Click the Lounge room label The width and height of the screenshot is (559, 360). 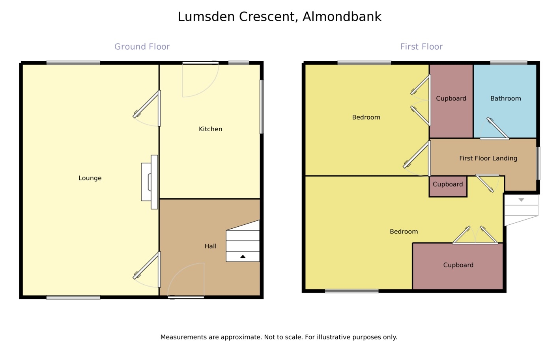(90, 178)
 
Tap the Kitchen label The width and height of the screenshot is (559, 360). (210, 129)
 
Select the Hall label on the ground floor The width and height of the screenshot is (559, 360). (210, 246)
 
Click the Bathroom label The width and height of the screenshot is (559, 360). (505, 99)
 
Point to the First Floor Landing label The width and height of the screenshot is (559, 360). (488, 159)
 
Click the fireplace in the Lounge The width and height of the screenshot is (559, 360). (150, 182)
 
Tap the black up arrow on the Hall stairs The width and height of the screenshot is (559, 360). (243, 257)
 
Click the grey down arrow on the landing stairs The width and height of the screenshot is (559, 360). (521, 200)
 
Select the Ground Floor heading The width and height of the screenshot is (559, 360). (142, 47)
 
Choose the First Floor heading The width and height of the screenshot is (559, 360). (421, 47)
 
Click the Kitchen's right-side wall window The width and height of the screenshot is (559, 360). (262, 107)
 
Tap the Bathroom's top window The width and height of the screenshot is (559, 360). (509, 63)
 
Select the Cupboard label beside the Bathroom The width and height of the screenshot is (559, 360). (451, 99)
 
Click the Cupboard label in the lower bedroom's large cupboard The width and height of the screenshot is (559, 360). (458, 265)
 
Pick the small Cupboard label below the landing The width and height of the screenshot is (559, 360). (448, 185)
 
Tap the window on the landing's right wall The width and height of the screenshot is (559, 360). (538, 163)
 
